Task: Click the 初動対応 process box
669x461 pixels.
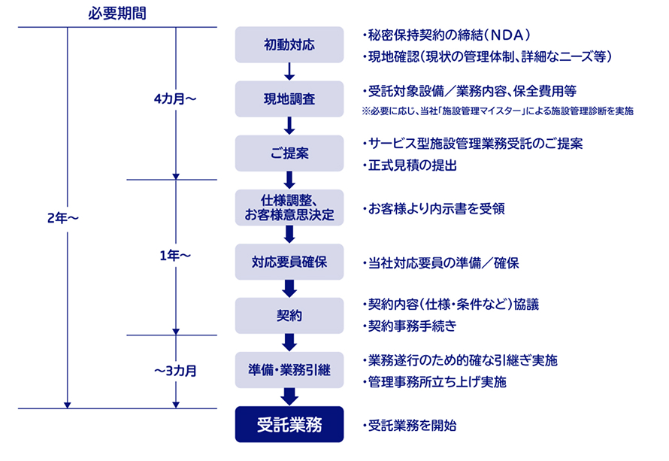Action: (x=289, y=45)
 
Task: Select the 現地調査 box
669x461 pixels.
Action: (x=289, y=99)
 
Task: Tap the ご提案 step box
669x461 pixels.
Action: (x=289, y=153)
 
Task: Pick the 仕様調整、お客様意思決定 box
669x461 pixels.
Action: (x=289, y=208)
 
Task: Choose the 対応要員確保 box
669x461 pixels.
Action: (x=289, y=262)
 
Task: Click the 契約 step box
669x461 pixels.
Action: (x=289, y=316)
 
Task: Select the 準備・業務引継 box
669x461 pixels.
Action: (x=289, y=370)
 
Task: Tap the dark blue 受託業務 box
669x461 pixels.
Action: (x=289, y=424)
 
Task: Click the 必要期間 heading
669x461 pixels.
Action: (x=117, y=14)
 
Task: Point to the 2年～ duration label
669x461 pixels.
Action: (x=63, y=218)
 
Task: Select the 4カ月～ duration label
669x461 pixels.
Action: (x=175, y=99)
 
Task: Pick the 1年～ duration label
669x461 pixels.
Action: (x=175, y=256)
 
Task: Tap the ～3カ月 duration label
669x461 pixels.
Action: (x=175, y=371)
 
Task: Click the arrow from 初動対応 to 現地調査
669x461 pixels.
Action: (x=289, y=71)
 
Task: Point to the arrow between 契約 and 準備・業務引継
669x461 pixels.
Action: (x=289, y=343)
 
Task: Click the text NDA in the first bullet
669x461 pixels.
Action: (x=507, y=35)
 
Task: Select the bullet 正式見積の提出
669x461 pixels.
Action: (x=409, y=165)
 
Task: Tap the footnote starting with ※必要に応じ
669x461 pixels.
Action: (x=498, y=111)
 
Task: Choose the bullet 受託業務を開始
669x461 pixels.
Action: (x=409, y=426)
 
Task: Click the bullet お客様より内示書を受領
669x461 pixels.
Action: (x=434, y=209)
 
